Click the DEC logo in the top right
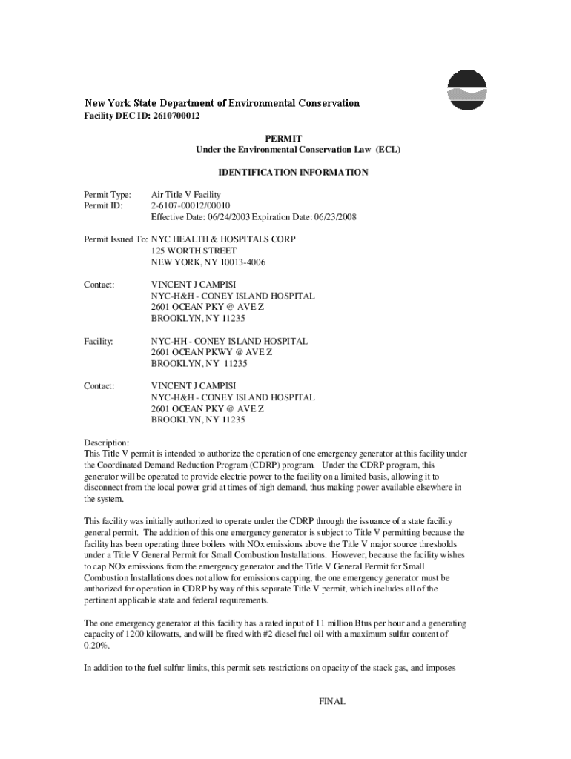point(467,90)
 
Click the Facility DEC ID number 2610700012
point(176,116)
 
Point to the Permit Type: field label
point(108,195)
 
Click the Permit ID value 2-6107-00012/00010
point(191,206)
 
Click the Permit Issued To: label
point(116,240)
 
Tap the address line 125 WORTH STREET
point(194,251)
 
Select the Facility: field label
point(98,342)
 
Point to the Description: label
point(108,443)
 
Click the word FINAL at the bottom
point(331,701)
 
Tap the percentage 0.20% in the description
point(97,646)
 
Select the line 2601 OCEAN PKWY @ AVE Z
point(211,353)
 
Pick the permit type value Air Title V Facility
point(186,195)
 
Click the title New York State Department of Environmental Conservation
point(222,103)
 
